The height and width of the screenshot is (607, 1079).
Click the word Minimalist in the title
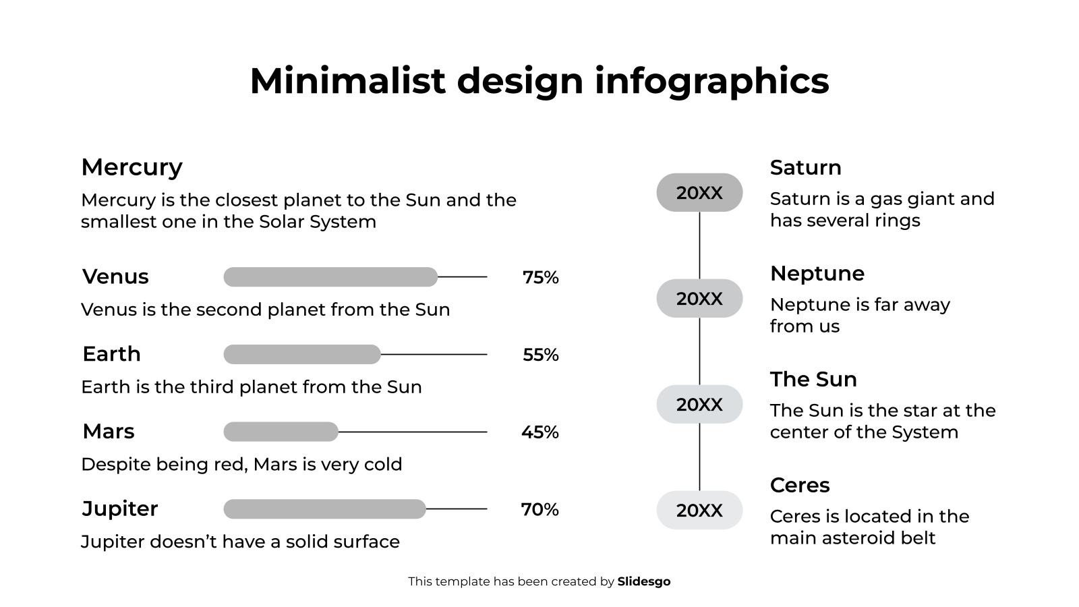pyautogui.click(x=347, y=81)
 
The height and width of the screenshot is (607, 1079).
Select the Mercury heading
pyautogui.click(x=132, y=167)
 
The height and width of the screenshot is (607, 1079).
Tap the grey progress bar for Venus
pyautogui.click(x=330, y=277)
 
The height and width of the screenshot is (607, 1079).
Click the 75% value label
pyautogui.click(x=540, y=277)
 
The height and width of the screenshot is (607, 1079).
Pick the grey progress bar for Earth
pyautogui.click(x=302, y=354)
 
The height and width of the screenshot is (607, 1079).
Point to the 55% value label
pyautogui.click(x=540, y=355)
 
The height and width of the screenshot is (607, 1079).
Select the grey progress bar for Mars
pyautogui.click(x=281, y=432)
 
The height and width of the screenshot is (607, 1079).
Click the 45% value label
pyautogui.click(x=539, y=432)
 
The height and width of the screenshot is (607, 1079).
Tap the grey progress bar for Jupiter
pyautogui.click(x=324, y=509)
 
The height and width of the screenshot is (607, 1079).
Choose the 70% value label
pyautogui.click(x=539, y=510)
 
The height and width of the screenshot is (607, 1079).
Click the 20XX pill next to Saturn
pyautogui.click(x=699, y=193)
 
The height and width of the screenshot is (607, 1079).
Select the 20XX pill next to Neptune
pyautogui.click(x=699, y=299)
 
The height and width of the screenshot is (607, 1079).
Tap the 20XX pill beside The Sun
pyautogui.click(x=699, y=405)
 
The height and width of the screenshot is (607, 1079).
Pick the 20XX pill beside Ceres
pyautogui.click(x=699, y=511)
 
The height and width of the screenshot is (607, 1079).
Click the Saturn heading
pyautogui.click(x=805, y=168)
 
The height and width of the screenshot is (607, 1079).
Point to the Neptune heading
pyautogui.click(x=817, y=274)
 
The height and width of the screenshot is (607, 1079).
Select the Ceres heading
pyautogui.click(x=800, y=486)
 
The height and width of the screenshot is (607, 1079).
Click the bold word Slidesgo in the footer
pyautogui.click(x=643, y=581)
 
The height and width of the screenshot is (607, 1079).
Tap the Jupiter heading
pyautogui.click(x=119, y=509)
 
